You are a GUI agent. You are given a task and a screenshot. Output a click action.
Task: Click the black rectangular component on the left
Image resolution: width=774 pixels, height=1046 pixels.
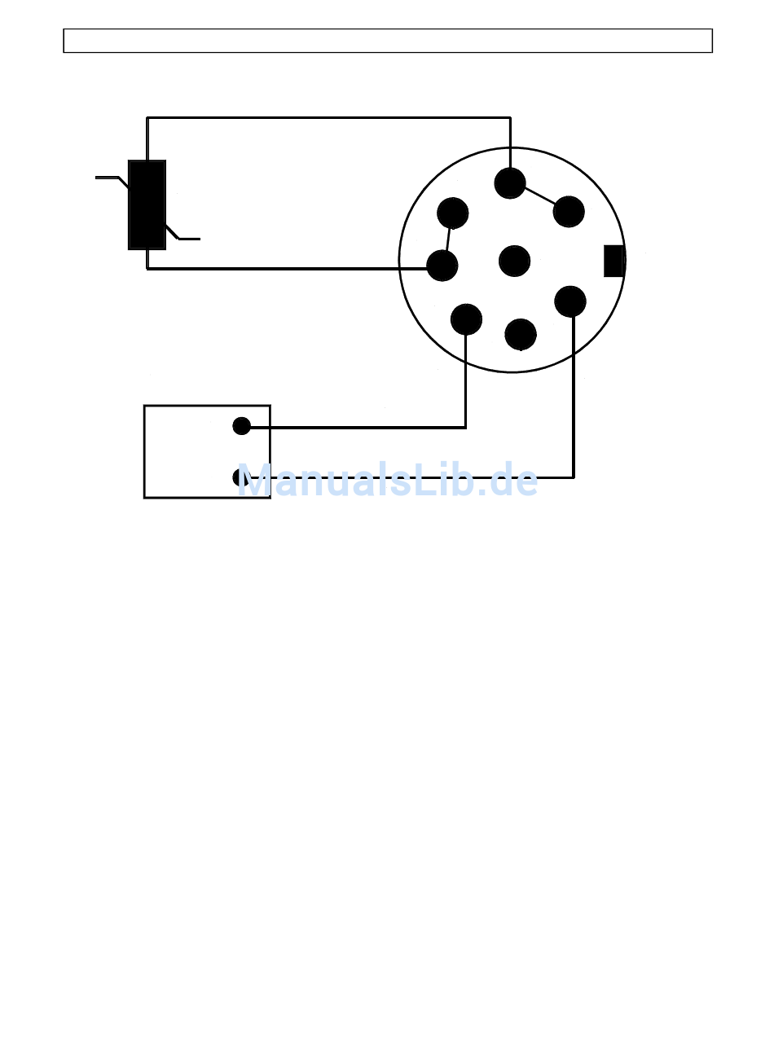[x=147, y=204]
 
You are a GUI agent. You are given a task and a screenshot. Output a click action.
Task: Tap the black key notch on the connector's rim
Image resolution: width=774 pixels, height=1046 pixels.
[x=613, y=261]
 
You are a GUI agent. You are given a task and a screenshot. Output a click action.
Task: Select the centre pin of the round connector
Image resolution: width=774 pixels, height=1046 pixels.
[x=514, y=261]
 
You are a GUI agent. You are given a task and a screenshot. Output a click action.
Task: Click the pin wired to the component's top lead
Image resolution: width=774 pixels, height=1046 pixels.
[x=510, y=183]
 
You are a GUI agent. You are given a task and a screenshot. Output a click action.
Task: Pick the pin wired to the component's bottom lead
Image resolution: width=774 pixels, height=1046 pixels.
[x=442, y=265]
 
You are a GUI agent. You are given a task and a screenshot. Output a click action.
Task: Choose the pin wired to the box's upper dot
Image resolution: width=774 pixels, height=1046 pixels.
[x=466, y=319]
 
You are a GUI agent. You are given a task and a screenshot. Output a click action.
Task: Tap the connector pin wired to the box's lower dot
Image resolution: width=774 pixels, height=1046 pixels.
[x=570, y=301]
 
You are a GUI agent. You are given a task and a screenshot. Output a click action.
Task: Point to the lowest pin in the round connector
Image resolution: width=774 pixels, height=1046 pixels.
[x=521, y=334]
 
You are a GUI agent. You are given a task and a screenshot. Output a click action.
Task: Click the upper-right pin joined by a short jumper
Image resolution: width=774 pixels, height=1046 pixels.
[x=569, y=212]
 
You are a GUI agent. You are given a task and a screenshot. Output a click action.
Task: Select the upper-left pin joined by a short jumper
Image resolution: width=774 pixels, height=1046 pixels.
[x=452, y=213]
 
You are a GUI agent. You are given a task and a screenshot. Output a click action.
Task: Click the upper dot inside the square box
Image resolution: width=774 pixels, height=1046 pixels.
[x=241, y=425]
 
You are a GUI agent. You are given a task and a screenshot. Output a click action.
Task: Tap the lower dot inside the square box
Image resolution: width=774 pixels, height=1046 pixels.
[x=240, y=477]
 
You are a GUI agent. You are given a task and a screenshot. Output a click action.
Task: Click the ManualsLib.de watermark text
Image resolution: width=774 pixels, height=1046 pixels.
[x=388, y=481]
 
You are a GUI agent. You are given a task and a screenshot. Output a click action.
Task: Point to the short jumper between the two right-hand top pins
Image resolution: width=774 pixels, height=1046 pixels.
[x=539, y=196]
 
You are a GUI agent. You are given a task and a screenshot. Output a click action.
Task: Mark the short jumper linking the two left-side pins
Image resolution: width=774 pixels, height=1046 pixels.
[x=448, y=240]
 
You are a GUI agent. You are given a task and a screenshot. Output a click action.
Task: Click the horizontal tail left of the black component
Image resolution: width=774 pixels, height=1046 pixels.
[x=108, y=177]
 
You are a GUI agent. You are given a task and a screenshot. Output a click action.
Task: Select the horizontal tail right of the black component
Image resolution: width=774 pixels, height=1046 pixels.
[x=189, y=239]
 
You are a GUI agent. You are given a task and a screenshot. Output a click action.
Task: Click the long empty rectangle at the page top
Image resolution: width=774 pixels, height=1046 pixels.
[x=388, y=41]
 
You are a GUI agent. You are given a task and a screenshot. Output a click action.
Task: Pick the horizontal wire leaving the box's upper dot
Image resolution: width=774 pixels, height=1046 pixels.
[x=358, y=427]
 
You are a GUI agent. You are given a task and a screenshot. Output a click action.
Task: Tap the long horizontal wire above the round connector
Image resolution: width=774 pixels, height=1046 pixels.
[x=326, y=118]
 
